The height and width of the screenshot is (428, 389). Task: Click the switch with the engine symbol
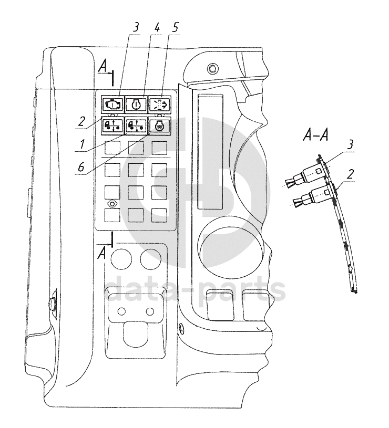click(x=112, y=105)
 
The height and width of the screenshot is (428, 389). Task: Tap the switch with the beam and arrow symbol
click(x=159, y=105)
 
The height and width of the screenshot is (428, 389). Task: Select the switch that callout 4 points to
click(x=136, y=105)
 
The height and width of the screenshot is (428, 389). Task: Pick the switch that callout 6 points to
click(x=159, y=126)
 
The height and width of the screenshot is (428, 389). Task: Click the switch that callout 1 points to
click(x=136, y=126)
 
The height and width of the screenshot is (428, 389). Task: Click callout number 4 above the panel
click(x=157, y=27)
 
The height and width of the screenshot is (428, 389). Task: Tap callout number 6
click(x=81, y=167)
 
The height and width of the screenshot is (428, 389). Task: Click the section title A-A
click(x=315, y=135)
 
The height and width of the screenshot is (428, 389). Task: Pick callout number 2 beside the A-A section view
click(x=350, y=174)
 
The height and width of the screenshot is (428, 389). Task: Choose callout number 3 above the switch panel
click(x=136, y=27)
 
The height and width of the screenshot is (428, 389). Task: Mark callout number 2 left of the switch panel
click(x=81, y=121)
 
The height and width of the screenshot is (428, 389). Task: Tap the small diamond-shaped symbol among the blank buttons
click(x=112, y=204)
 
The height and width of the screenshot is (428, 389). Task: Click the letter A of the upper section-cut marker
click(x=103, y=67)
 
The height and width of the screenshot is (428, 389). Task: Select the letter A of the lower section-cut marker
click(x=102, y=254)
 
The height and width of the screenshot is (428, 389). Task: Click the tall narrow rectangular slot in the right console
click(x=210, y=152)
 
